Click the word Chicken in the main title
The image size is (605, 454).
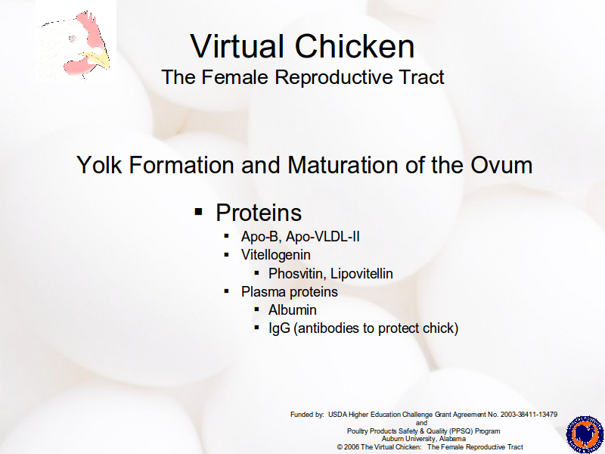355,46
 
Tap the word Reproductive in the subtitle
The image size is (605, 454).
333,77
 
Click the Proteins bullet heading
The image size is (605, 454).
259,213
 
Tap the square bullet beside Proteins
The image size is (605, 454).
199,212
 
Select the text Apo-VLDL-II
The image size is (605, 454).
323,237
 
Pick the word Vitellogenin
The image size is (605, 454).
276,255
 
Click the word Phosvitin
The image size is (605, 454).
297,273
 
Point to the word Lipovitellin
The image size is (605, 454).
361,273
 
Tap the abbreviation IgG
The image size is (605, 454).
279,328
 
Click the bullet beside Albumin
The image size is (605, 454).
257,309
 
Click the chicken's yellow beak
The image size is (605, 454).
97,60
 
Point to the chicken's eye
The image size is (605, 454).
72,39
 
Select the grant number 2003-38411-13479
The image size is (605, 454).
529,415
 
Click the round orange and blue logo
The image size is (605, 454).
585,435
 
